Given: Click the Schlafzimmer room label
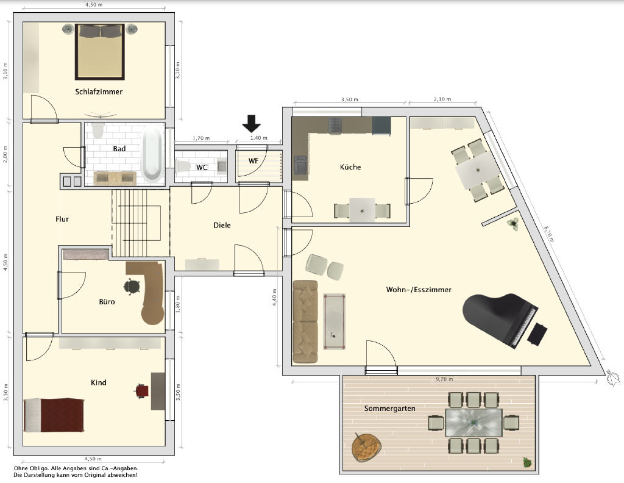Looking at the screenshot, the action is point(99,91).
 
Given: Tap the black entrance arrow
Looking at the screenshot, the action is point(252,123).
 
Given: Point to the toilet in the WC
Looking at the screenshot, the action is point(182,166).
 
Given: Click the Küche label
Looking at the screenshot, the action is point(350,167).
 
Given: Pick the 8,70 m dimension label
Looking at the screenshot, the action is point(549,234).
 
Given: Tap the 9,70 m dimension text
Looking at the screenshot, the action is point(444,379).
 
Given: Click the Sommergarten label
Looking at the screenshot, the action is point(389,409).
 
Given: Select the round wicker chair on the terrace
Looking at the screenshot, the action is point(366,447).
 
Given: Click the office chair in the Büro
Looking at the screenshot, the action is point(132,286).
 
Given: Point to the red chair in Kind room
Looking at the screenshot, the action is point(141,391).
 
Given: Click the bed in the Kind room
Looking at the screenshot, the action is point(54,415).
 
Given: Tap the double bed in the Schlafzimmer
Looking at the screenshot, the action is point(100,52).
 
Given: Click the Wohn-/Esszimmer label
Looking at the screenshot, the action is point(419,290).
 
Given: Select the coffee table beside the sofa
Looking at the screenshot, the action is point(335,321).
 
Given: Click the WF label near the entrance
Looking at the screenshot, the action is point(253,161).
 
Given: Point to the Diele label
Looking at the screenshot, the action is point(222,226).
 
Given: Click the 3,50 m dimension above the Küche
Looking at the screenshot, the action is point(349,99).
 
